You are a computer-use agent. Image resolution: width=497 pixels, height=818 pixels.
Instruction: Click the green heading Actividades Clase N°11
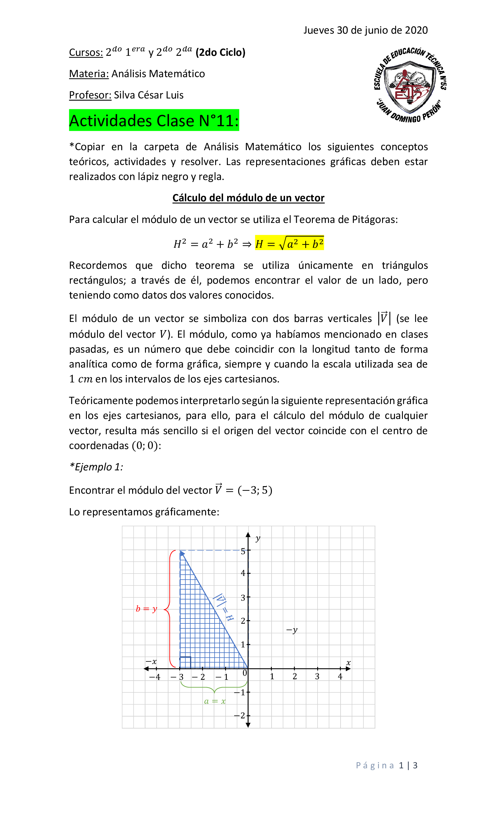(x=154, y=120)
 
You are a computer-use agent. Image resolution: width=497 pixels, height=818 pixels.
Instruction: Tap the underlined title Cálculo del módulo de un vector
(x=248, y=198)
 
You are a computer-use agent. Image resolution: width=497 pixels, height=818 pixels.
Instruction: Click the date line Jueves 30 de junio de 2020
(x=365, y=30)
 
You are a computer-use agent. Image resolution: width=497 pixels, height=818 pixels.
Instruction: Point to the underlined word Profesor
(x=90, y=95)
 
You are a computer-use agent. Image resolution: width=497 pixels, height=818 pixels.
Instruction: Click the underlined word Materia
(x=89, y=74)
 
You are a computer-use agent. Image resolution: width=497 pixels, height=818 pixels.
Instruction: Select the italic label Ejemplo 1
(x=96, y=467)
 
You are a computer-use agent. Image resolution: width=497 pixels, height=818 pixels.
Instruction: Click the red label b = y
(x=146, y=609)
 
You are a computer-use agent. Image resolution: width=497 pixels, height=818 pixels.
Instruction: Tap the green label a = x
(x=215, y=701)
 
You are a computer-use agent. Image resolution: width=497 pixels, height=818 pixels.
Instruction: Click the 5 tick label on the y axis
(x=243, y=552)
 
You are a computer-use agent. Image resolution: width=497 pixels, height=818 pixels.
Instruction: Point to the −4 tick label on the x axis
(x=154, y=677)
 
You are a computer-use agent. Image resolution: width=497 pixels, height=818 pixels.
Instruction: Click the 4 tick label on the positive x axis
(x=340, y=676)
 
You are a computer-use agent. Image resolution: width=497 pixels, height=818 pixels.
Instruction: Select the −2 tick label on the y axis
(x=239, y=715)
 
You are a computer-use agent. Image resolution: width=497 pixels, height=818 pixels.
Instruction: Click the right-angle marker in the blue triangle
(x=185, y=662)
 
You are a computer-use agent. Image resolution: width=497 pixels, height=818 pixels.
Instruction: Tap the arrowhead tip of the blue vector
(x=181, y=552)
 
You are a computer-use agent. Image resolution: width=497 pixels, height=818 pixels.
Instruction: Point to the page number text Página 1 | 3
(x=386, y=765)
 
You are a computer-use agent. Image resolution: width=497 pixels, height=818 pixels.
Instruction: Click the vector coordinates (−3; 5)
(x=255, y=490)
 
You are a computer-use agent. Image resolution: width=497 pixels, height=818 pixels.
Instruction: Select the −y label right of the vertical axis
(x=292, y=630)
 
